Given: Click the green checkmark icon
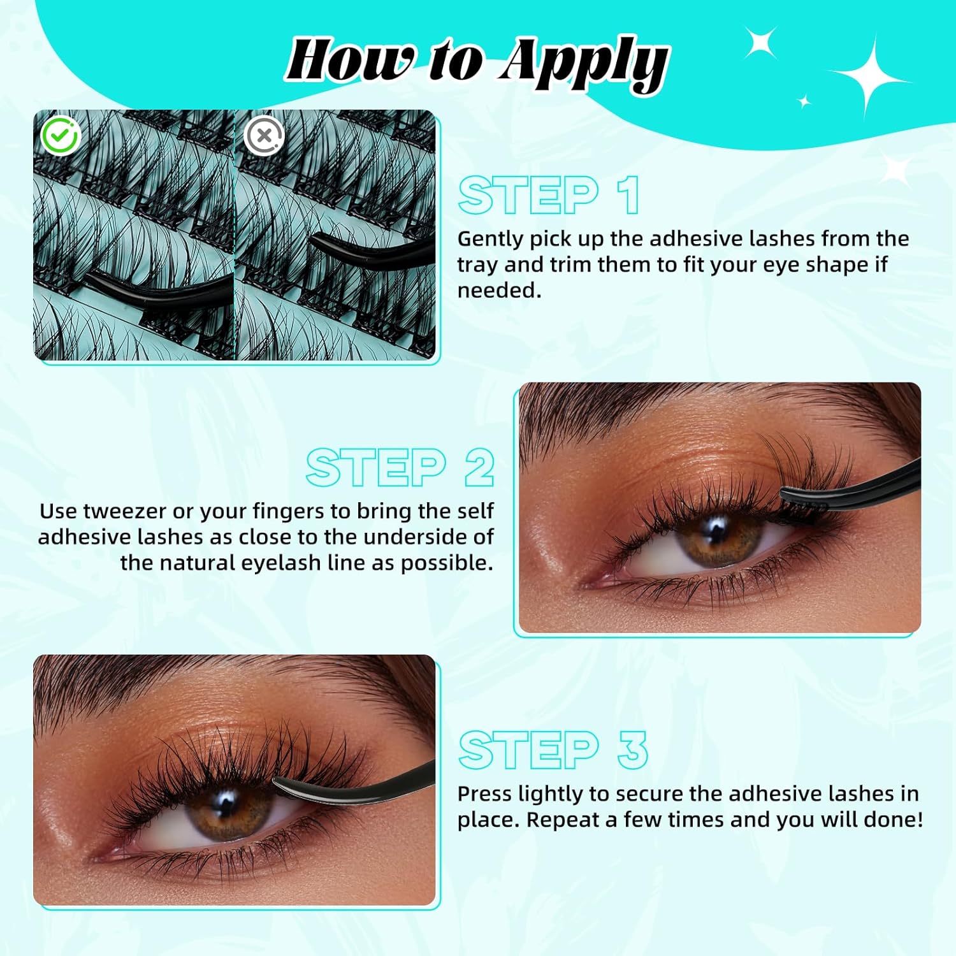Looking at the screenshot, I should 60,135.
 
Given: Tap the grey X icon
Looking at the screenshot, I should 264,135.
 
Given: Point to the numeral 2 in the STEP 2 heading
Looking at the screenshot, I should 479,467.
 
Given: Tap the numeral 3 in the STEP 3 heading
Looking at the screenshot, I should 632,750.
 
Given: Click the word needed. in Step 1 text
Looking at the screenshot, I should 499,291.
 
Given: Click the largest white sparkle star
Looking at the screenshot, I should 871,80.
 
